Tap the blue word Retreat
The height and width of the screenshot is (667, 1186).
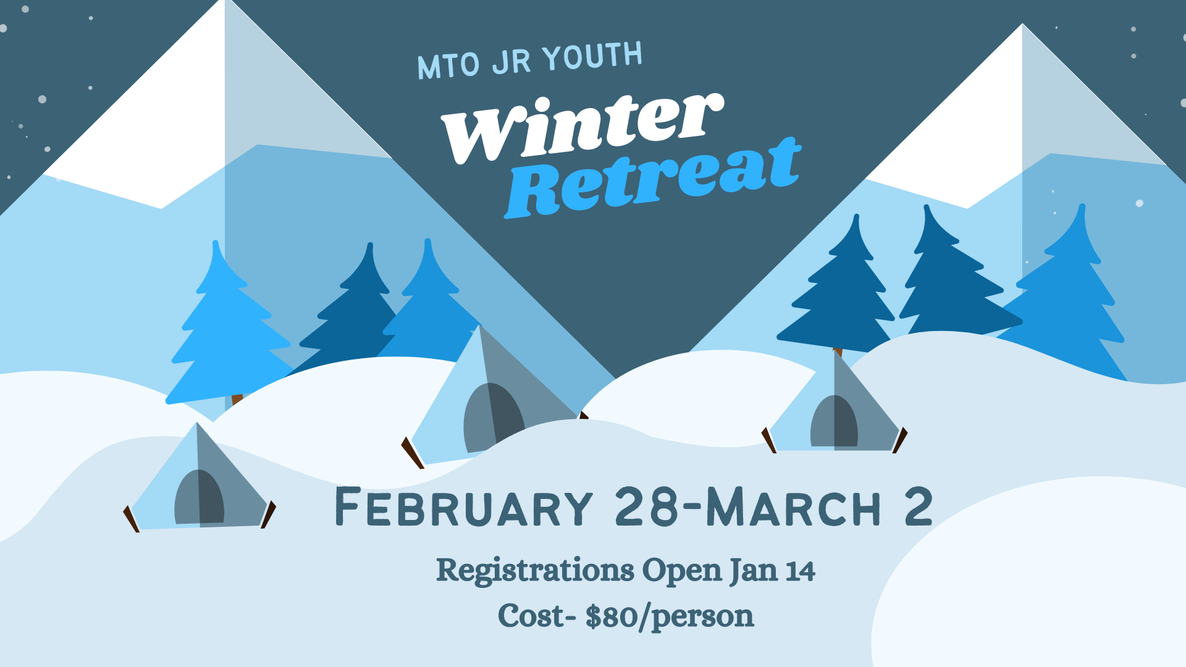[653, 178]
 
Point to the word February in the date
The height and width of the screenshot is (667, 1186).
[464, 507]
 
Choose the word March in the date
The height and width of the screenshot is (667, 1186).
[794, 506]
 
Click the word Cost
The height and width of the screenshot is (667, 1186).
[532, 616]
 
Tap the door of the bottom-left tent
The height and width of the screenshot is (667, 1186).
[199, 498]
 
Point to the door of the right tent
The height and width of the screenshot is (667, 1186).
[834, 421]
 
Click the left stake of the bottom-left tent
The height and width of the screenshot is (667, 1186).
[132, 519]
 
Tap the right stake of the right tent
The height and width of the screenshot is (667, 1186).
[900, 440]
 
